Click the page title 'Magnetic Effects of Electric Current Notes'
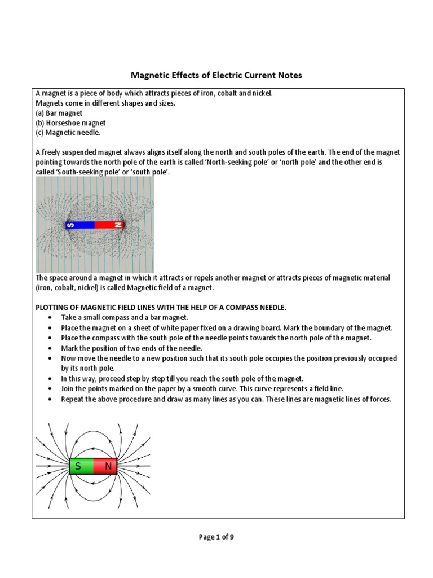216,75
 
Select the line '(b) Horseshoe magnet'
70,122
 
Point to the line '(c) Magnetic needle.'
68,132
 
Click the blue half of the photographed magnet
84,225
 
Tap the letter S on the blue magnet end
70,225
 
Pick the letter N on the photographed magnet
118,225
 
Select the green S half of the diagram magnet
81,466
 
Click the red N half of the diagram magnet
106,466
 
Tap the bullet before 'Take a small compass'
51,318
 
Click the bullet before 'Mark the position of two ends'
51,348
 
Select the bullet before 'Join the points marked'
51,389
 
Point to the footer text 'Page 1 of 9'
216,537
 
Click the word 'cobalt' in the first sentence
221,93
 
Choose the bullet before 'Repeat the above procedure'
51,399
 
